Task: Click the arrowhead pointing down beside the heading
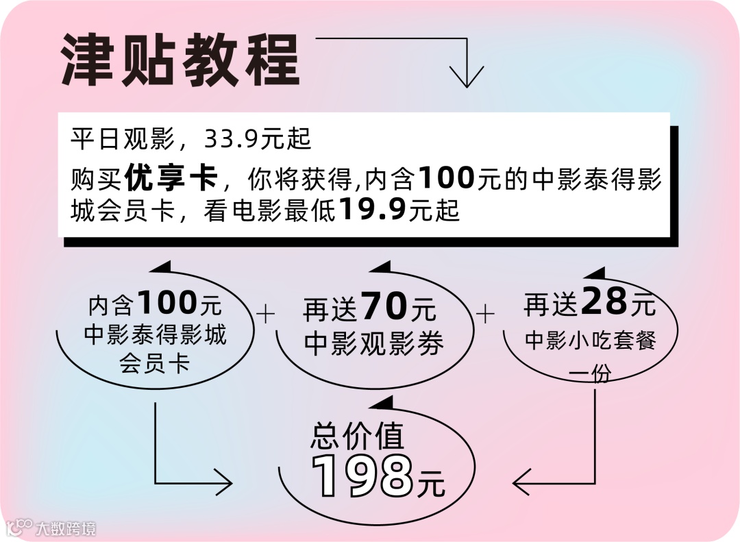point(467,77)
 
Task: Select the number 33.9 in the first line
point(230,140)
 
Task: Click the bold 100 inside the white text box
point(446,179)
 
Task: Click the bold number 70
point(384,306)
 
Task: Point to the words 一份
point(591,374)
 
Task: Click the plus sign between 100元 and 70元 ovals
point(264,315)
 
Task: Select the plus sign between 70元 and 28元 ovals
point(485,315)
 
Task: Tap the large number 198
point(362,475)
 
